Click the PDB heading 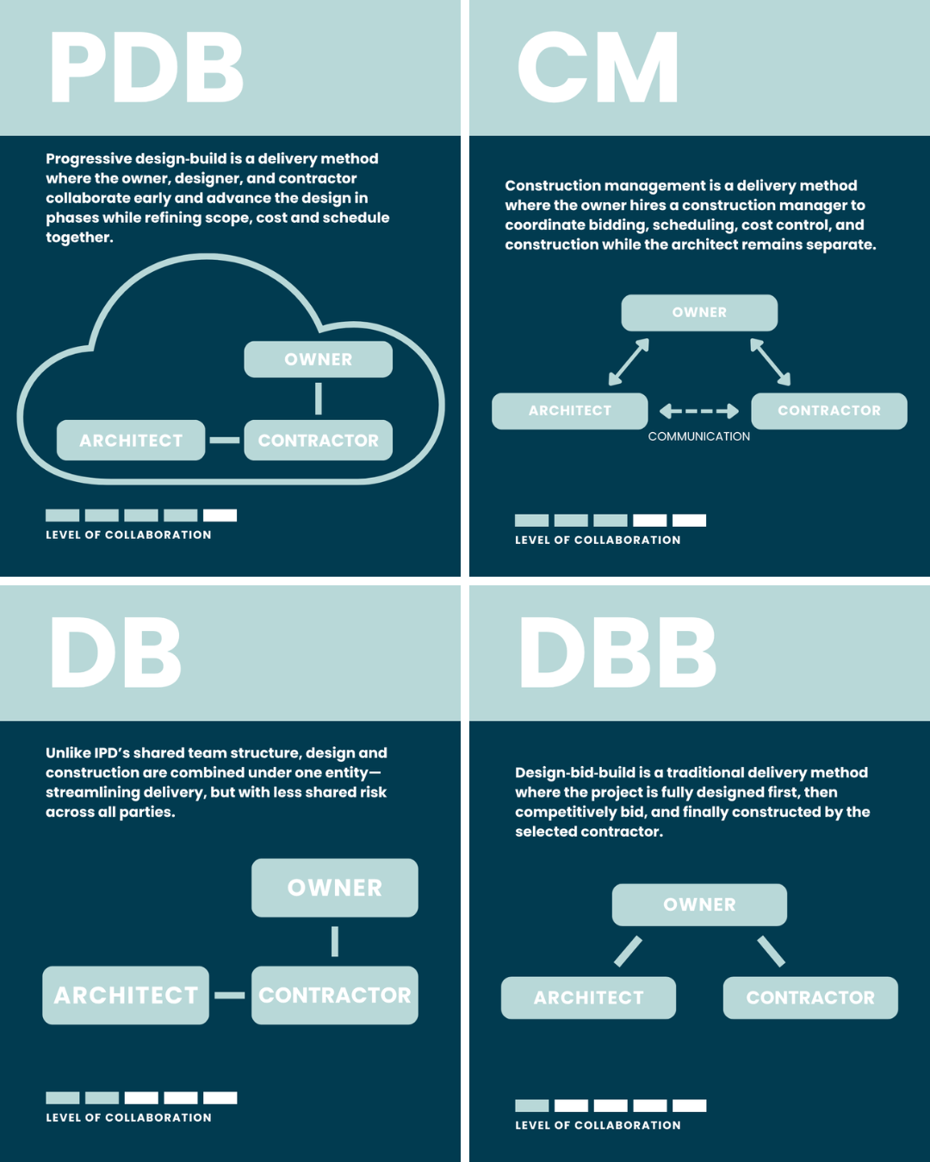pyautogui.click(x=146, y=68)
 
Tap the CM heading pyautogui.click(x=598, y=68)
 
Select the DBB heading pyautogui.click(x=617, y=652)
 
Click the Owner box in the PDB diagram pyautogui.click(x=318, y=359)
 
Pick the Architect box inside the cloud pyautogui.click(x=131, y=440)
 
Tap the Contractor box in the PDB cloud pyautogui.click(x=318, y=440)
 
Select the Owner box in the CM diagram pyautogui.click(x=699, y=312)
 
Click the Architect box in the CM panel pyautogui.click(x=569, y=411)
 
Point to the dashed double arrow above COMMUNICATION pyautogui.click(x=699, y=411)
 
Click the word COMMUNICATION pyautogui.click(x=699, y=436)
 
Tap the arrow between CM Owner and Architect pyautogui.click(x=629, y=362)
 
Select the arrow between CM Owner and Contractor pyautogui.click(x=770, y=362)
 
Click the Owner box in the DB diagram pyautogui.click(x=334, y=887)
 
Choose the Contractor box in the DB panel pyautogui.click(x=334, y=995)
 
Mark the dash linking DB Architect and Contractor pyautogui.click(x=230, y=995)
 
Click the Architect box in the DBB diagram pyautogui.click(x=588, y=998)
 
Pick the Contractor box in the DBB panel pyautogui.click(x=810, y=998)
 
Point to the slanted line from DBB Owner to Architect pyautogui.click(x=628, y=951)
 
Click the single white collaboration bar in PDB pyautogui.click(x=220, y=516)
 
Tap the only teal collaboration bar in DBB pyautogui.click(x=531, y=1105)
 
